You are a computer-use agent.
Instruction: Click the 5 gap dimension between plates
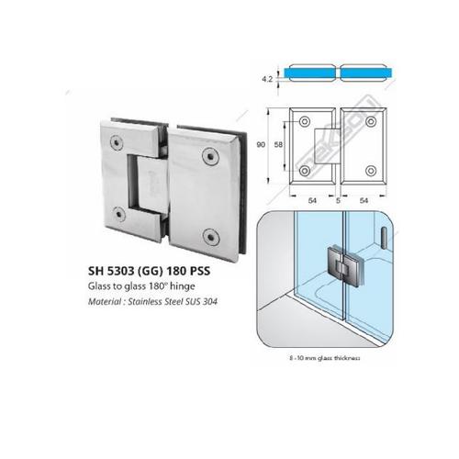[x=338, y=199]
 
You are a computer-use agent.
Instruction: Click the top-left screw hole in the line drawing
[x=303, y=120]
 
